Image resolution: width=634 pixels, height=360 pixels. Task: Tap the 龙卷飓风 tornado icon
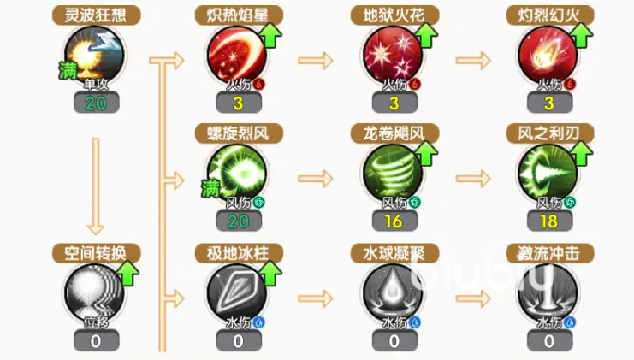click(393, 174)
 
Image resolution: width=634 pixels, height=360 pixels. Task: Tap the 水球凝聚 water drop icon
click(393, 294)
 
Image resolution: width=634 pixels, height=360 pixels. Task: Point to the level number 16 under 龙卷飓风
click(394, 221)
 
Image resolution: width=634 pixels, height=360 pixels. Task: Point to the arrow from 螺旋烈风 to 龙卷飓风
click(315, 180)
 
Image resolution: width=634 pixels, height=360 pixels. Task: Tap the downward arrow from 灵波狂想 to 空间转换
click(96, 184)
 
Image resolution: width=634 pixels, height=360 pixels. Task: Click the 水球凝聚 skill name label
click(393, 254)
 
